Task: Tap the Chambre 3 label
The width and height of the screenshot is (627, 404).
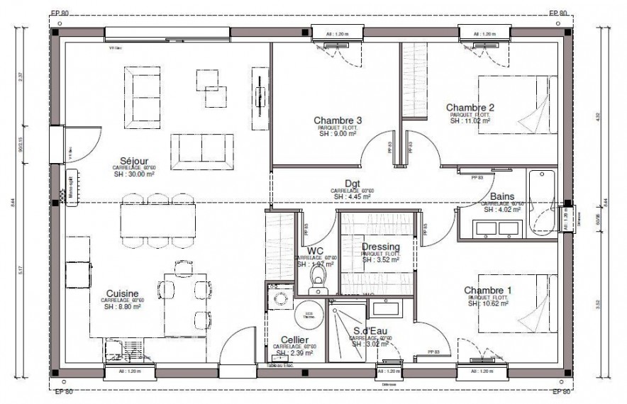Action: coord(338,120)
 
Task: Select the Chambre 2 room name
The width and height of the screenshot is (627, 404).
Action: coord(470,108)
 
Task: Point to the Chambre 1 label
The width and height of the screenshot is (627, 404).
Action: coord(488,290)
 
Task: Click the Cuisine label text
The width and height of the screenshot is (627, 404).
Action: coord(122,293)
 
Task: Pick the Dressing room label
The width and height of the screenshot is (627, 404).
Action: coord(381,247)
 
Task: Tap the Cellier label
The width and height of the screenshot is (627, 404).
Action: coord(294,340)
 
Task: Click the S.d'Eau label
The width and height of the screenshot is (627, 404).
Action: coord(370,331)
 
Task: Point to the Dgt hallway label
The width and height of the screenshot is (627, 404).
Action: coord(353,182)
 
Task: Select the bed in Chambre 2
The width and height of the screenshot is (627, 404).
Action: coord(516,105)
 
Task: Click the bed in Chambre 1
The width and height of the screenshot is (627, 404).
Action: coord(516,303)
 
